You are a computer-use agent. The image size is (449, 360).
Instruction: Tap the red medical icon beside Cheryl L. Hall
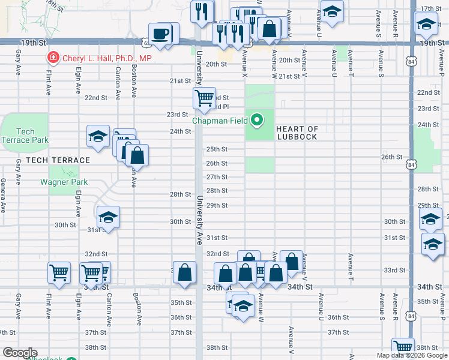tap(53, 58)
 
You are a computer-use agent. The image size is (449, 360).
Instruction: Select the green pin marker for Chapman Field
tap(258, 121)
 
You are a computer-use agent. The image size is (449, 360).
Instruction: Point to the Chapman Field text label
tap(220, 121)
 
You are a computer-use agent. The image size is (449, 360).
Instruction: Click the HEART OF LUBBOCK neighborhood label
tap(297, 133)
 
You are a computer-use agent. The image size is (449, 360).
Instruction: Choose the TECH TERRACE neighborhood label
tap(58, 160)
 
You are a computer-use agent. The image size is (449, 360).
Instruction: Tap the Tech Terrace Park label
tap(25, 136)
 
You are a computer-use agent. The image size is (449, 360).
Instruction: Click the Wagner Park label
tap(64, 182)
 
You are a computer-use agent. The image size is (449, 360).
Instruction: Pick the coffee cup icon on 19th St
tap(161, 34)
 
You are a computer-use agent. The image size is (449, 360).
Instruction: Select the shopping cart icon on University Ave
tap(205, 97)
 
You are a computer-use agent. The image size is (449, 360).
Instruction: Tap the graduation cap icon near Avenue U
tap(331, 11)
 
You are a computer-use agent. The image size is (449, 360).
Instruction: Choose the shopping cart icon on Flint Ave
tap(59, 273)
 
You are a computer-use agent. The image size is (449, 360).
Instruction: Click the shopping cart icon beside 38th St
tap(403, 348)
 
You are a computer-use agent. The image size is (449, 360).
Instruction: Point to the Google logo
tap(20, 353)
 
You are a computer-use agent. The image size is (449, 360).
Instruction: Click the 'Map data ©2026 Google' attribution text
tap(412, 355)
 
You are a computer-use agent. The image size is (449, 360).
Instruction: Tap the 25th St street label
tap(217, 149)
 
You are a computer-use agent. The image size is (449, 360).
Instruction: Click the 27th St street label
tap(217, 177)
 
